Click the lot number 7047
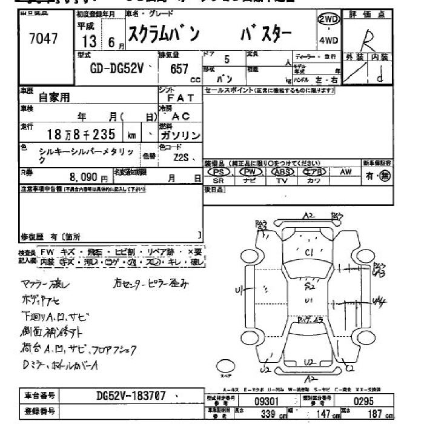pyautogui.click(x=44, y=39)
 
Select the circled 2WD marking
pyautogui.click(x=328, y=19)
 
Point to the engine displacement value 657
pyautogui.click(x=179, y=68)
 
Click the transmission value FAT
pyautogui.click(x=180, y=97)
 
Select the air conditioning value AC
pyautogui.click(x=181, y=116)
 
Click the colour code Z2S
pyautogui.click(x=181, y=158)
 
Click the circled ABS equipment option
pyautogui.click(x=282, y=172)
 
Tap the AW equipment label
pyautogui.click(x=346, y=172)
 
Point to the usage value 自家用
pyautogui.click(x=55, y=96)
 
